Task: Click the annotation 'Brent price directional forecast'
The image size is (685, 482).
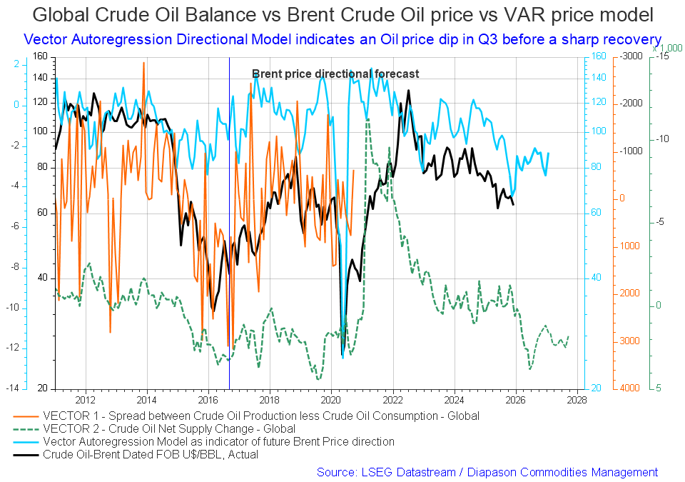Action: click(x=335, y=74)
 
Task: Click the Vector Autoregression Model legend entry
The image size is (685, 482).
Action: click(x=218, y=441)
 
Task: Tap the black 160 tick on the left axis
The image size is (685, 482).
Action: click(x=39, y=56)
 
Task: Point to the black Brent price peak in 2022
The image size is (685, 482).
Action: click(x=408, y=91)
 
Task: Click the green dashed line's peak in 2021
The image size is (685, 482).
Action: click(x=367, y=119)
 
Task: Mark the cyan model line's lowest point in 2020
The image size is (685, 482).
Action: click(x=343, y=357)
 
